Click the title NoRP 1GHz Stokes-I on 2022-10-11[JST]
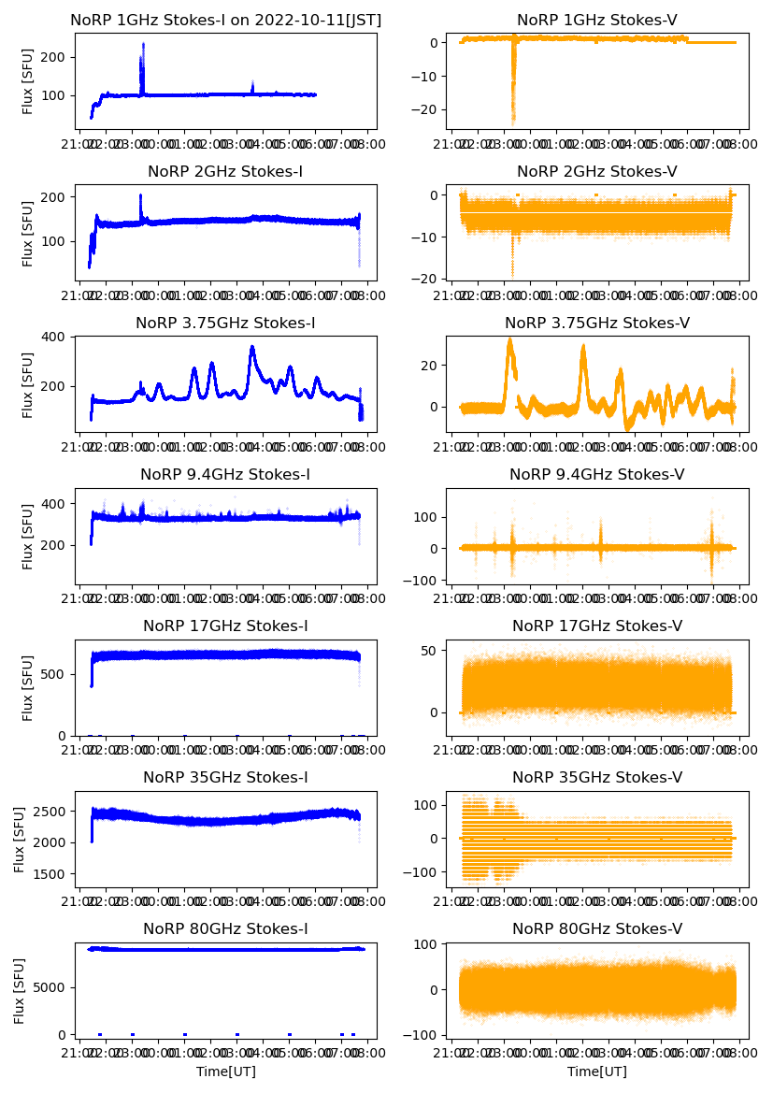(x=226, y=20)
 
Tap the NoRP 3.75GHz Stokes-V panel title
(x=597, y=323)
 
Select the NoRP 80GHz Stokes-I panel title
(x=225, y=928)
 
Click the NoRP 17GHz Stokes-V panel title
(x=597, y=626)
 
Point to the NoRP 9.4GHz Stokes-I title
(x=225, y=474)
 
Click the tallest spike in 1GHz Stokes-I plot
(x=143, y=45)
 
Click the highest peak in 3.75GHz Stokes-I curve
(x=251, y=348)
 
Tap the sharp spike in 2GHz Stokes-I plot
(x=141, y=195)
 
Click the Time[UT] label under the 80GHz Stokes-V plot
(x=597, y=1071)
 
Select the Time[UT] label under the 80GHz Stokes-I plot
(x=225, y=1071)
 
